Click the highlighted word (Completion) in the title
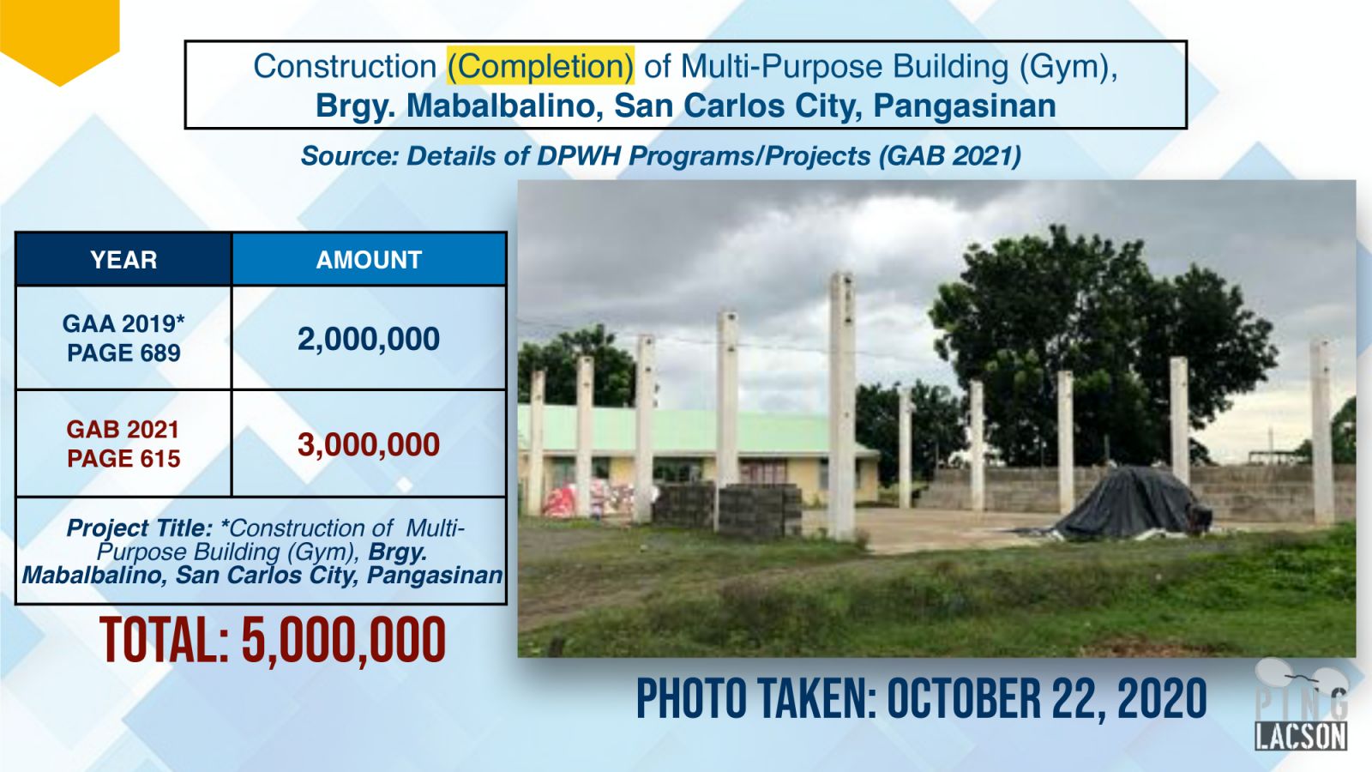pos(540,66)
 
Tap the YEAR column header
pos(123,260)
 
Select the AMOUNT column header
pos(369,260)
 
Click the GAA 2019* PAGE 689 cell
pos(123,338)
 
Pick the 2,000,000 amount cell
pos(369,339)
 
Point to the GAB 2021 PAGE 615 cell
pos(123,443)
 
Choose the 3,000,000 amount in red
pos(369,444)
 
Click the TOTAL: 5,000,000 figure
pos(273,640)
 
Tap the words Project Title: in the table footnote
pos(140,528)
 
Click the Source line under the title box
pos(661,156)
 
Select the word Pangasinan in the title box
pos(965,106)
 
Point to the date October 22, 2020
pos(1047,698)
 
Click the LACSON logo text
pos(1301,736)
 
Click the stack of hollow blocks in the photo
pos(760,510)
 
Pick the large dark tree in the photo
pos(1097,343)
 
